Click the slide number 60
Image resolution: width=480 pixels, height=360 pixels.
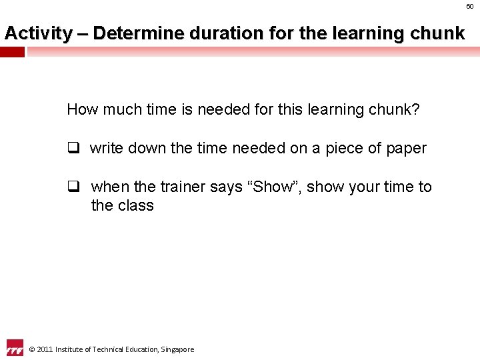470,6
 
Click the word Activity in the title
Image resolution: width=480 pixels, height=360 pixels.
38,33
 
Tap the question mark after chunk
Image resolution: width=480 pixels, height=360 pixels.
416,109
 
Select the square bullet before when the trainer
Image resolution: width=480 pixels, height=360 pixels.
72,187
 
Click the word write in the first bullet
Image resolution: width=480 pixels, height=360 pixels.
105,148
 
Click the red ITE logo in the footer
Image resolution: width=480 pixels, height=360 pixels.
14,348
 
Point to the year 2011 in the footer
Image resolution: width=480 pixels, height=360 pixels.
45,349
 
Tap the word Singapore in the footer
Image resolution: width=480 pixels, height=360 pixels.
177,349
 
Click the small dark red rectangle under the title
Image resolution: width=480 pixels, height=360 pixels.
12,52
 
